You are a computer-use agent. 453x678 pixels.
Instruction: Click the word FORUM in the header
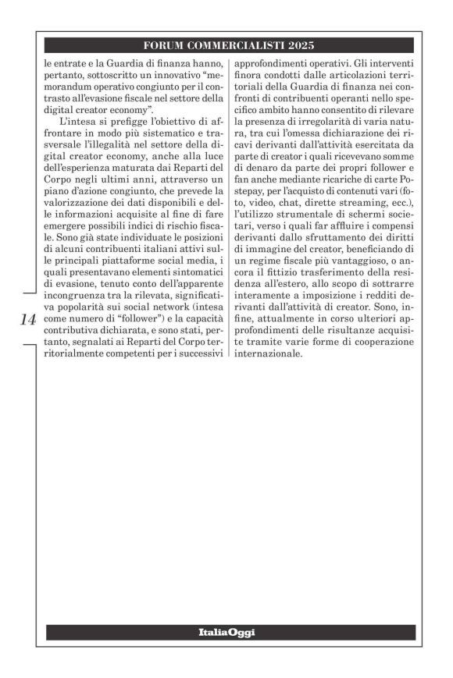click(167, 45)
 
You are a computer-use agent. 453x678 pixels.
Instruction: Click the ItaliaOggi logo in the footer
click(226, 632)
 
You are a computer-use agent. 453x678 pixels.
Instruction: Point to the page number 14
click(27, 319)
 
